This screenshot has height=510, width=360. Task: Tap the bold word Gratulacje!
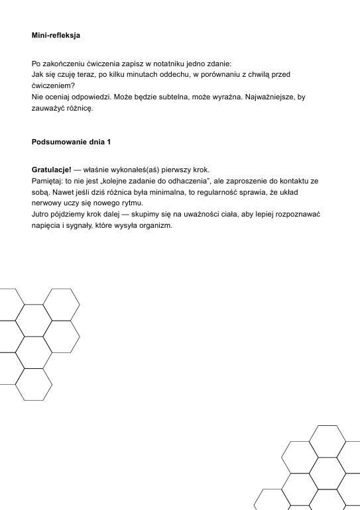point(52,170)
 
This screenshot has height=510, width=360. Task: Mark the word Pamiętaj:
point(48,181)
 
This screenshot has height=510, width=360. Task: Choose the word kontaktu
point(295,181)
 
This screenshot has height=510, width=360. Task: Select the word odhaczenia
point(186,181)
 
